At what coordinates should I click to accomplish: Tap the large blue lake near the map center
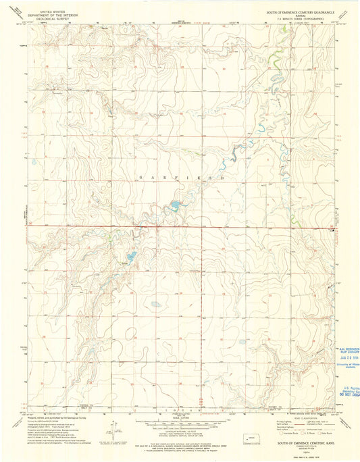point(175,204)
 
